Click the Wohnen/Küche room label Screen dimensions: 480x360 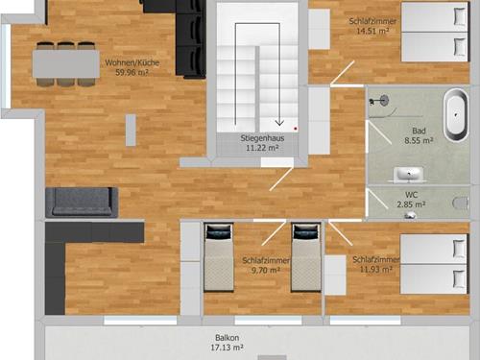click(132, 62)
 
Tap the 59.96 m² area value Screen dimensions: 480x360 click(132, 73)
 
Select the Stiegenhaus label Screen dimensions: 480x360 click(262, 138)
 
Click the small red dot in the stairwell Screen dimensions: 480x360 click(296, 129)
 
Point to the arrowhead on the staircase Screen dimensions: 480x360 click(279, 123)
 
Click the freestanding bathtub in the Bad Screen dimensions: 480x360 click(456, 115)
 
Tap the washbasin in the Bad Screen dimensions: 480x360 click(409, 175)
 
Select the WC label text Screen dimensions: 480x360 click(411, 195)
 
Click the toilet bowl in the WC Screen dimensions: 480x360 click(461, 203)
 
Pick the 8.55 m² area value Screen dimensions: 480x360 click(419, 140)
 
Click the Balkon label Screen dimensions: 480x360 click(227, 338)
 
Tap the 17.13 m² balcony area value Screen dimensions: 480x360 click(227, 348)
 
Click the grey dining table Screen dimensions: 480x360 click(66, 63)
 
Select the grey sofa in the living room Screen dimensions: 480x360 click(82, 203)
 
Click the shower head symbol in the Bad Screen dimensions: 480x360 click(385, 100)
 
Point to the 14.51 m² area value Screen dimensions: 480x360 click(372, 31)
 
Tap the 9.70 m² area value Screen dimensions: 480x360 click(266, 271)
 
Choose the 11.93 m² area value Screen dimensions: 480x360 click(376, 270)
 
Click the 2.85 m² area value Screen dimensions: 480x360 click(411, 204)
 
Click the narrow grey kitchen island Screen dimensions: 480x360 click(131, 131)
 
